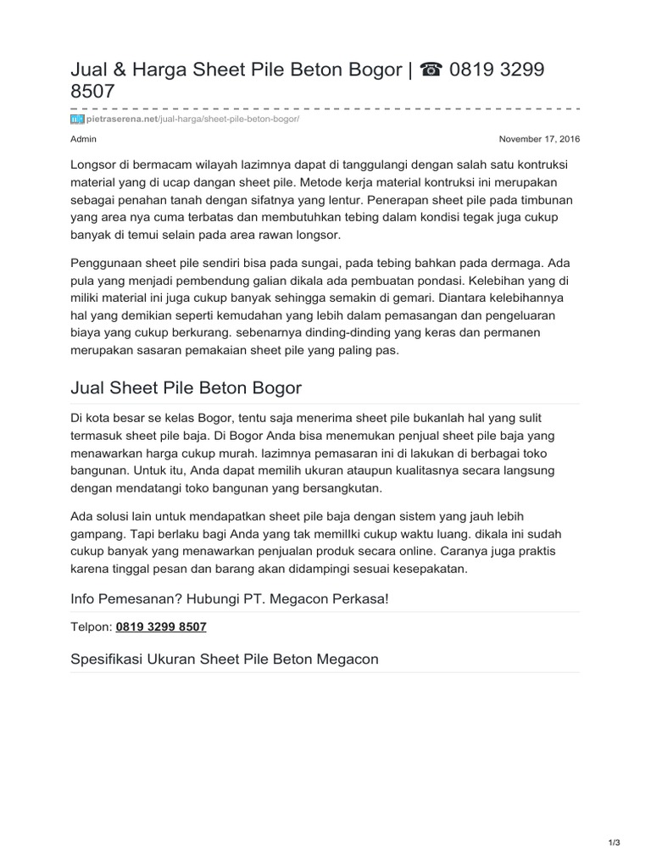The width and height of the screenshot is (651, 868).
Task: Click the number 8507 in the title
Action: (x=92, y=91)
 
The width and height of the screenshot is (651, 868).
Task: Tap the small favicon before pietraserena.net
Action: (x=77, y=120)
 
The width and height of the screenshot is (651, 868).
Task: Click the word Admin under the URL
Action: (x=83, y=138)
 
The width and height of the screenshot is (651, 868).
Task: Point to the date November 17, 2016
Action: (x=539, y=138)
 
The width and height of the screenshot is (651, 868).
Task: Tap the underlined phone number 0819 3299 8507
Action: (x=161, y=626)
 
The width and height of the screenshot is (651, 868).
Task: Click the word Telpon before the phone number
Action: (x=90, y=626)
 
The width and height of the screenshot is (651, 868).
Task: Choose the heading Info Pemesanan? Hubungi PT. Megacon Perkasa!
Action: (x=230, y=599)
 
